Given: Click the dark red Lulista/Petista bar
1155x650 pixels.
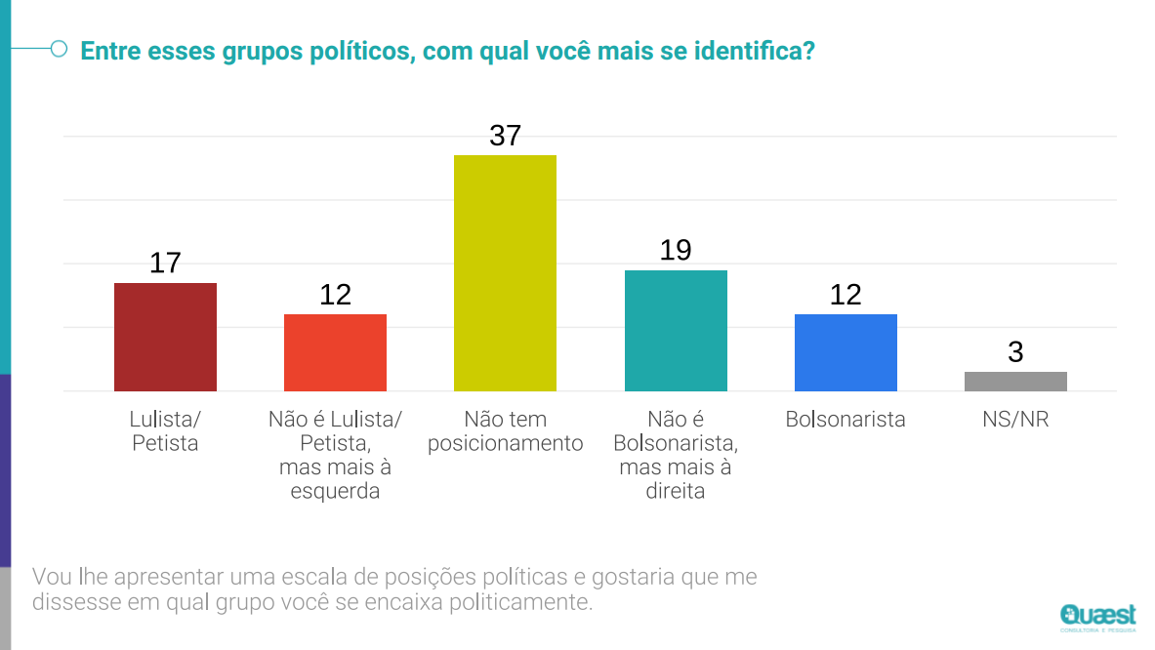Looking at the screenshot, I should pos(165,337).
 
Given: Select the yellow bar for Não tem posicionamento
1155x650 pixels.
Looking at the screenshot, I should pos(505,273).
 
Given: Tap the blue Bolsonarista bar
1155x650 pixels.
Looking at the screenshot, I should pos(846,352).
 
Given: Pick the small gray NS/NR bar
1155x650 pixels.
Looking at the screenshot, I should pos(1015,382).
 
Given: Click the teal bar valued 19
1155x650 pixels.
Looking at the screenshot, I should pos(676,331).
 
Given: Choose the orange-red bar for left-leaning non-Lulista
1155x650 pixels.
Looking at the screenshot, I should pos(335,352).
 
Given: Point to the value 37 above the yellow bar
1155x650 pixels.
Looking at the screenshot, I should pos(505,136).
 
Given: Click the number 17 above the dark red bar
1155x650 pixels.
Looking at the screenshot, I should pos(165,263).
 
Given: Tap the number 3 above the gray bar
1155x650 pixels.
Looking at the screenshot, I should pos(1015,352).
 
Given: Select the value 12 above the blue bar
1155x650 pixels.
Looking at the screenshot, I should pos(846,295).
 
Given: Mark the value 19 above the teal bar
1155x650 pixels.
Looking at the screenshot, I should pos(676,251).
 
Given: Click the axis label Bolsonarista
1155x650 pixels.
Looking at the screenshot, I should pos(846,420).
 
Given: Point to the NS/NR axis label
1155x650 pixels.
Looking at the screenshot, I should pos(1015,420).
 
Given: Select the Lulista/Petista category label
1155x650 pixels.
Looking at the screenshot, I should pos(165,431).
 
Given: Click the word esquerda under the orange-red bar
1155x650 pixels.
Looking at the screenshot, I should pos(335,492).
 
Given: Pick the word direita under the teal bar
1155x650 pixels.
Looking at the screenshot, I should pos(676,492).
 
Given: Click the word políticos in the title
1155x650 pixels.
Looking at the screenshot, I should pos(339,52).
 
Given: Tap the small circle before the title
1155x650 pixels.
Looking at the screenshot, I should pos(59,49).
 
